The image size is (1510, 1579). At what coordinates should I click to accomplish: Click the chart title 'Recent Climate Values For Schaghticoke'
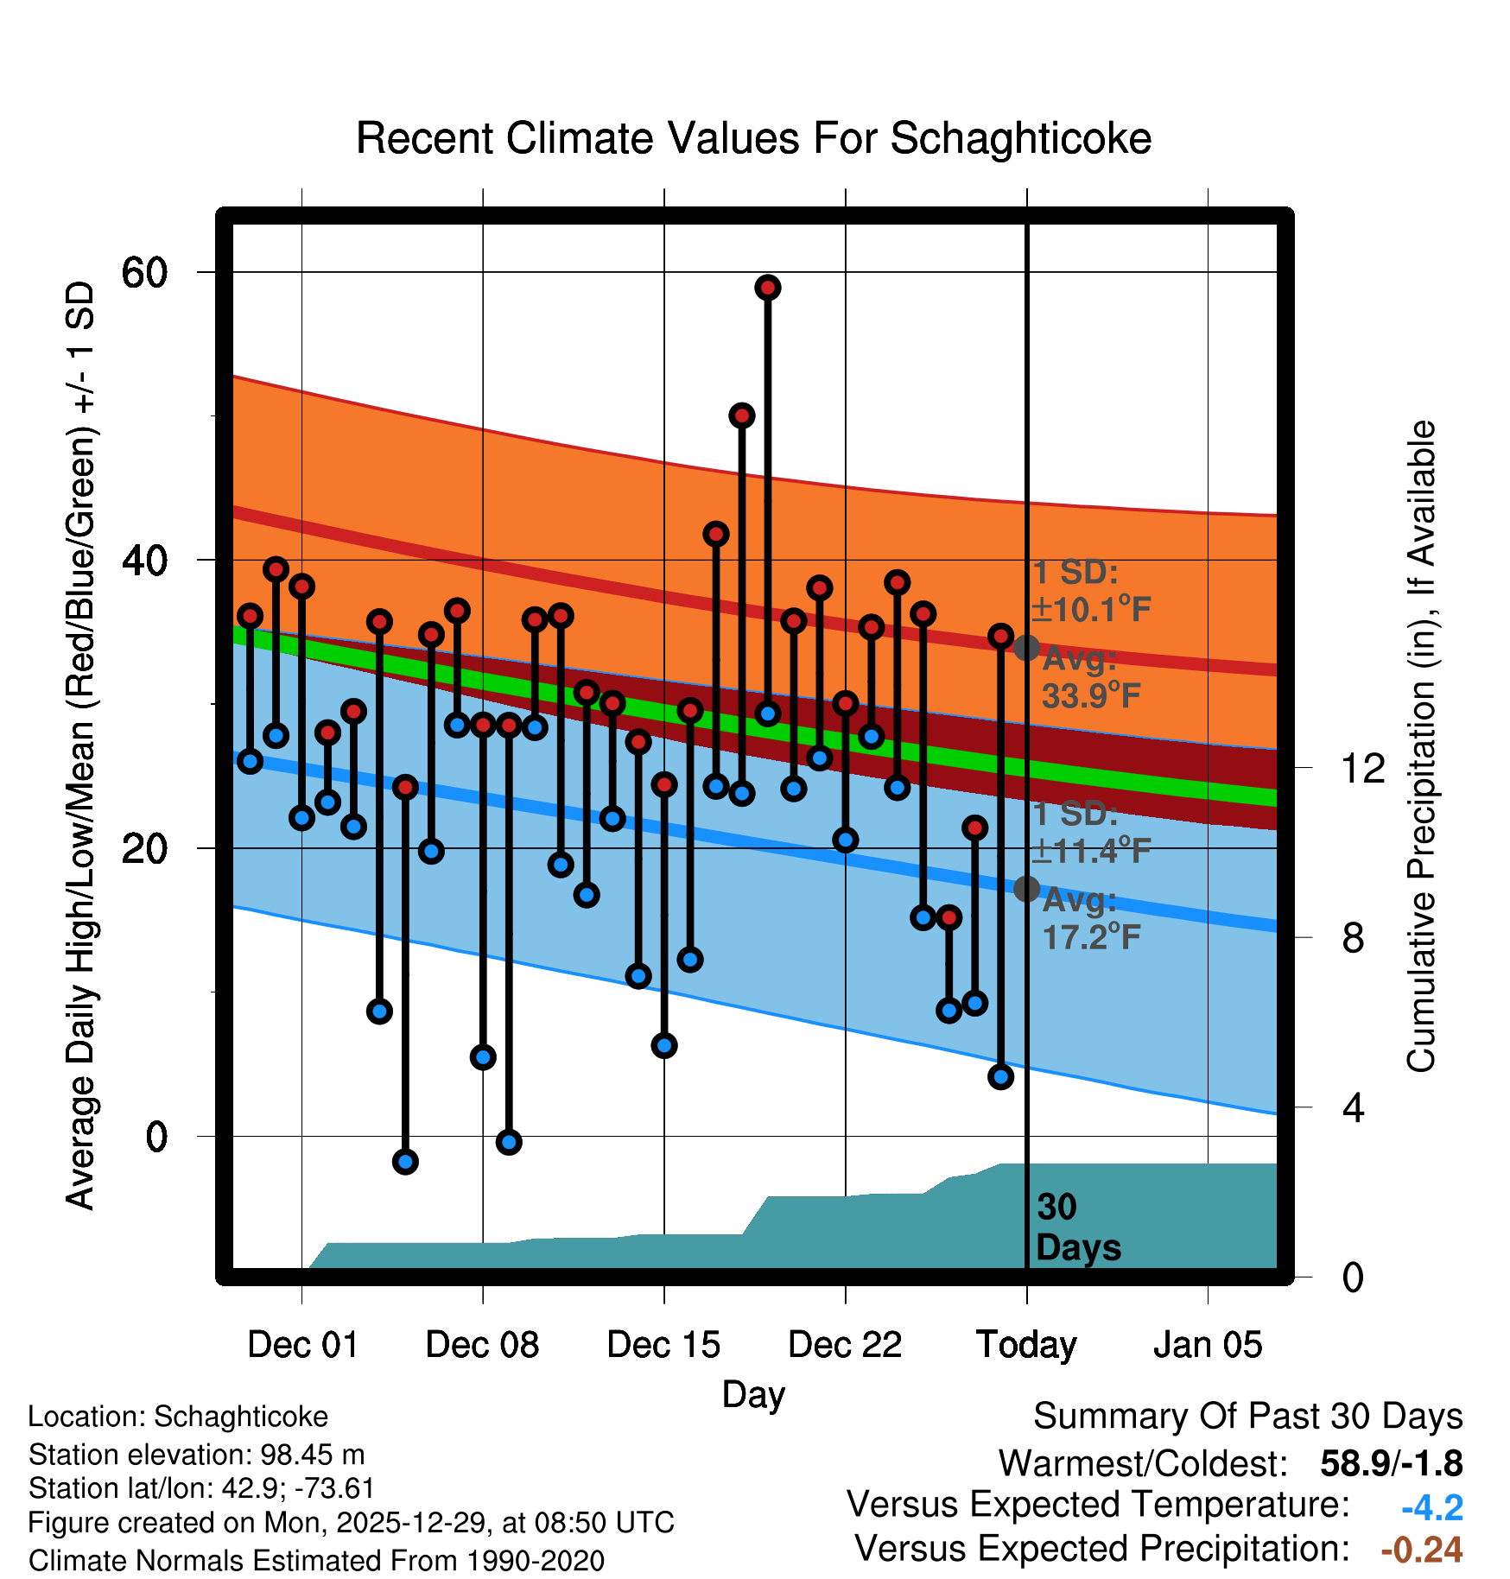[x=753, y=138]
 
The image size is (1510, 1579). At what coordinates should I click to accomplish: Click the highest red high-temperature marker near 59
[x=768, y=288]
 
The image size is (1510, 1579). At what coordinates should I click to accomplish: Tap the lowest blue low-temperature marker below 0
[x=405, y=1162]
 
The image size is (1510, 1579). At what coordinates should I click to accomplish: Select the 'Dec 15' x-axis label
[x=663, y=1345]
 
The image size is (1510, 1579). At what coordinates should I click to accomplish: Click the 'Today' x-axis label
[x=1026, y=1345]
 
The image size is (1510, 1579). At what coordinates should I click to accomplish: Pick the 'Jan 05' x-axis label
[x=1208, y=1345]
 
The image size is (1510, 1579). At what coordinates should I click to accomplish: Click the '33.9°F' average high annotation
[x=1092, y=695]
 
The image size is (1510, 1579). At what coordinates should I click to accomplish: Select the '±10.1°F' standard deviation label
[x=1092, y=610]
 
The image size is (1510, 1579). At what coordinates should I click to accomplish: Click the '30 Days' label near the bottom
[x=1078, y=1227]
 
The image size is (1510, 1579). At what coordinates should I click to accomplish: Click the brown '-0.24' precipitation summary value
[x=1422, y=1550]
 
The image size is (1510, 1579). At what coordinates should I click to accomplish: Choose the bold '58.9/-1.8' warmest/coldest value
[x=1391, y=1463]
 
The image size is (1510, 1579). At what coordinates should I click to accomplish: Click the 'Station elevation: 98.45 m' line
[x=196, y=1455]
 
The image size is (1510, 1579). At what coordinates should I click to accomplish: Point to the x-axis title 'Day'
[x=753, y=1394]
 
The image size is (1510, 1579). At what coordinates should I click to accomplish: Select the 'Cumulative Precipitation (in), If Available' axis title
[x=1421, y=746]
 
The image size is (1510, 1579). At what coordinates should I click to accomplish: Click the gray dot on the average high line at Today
[x=1026, y=648]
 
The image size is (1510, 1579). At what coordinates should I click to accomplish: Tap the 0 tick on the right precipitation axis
[x=1353, y=1277]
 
